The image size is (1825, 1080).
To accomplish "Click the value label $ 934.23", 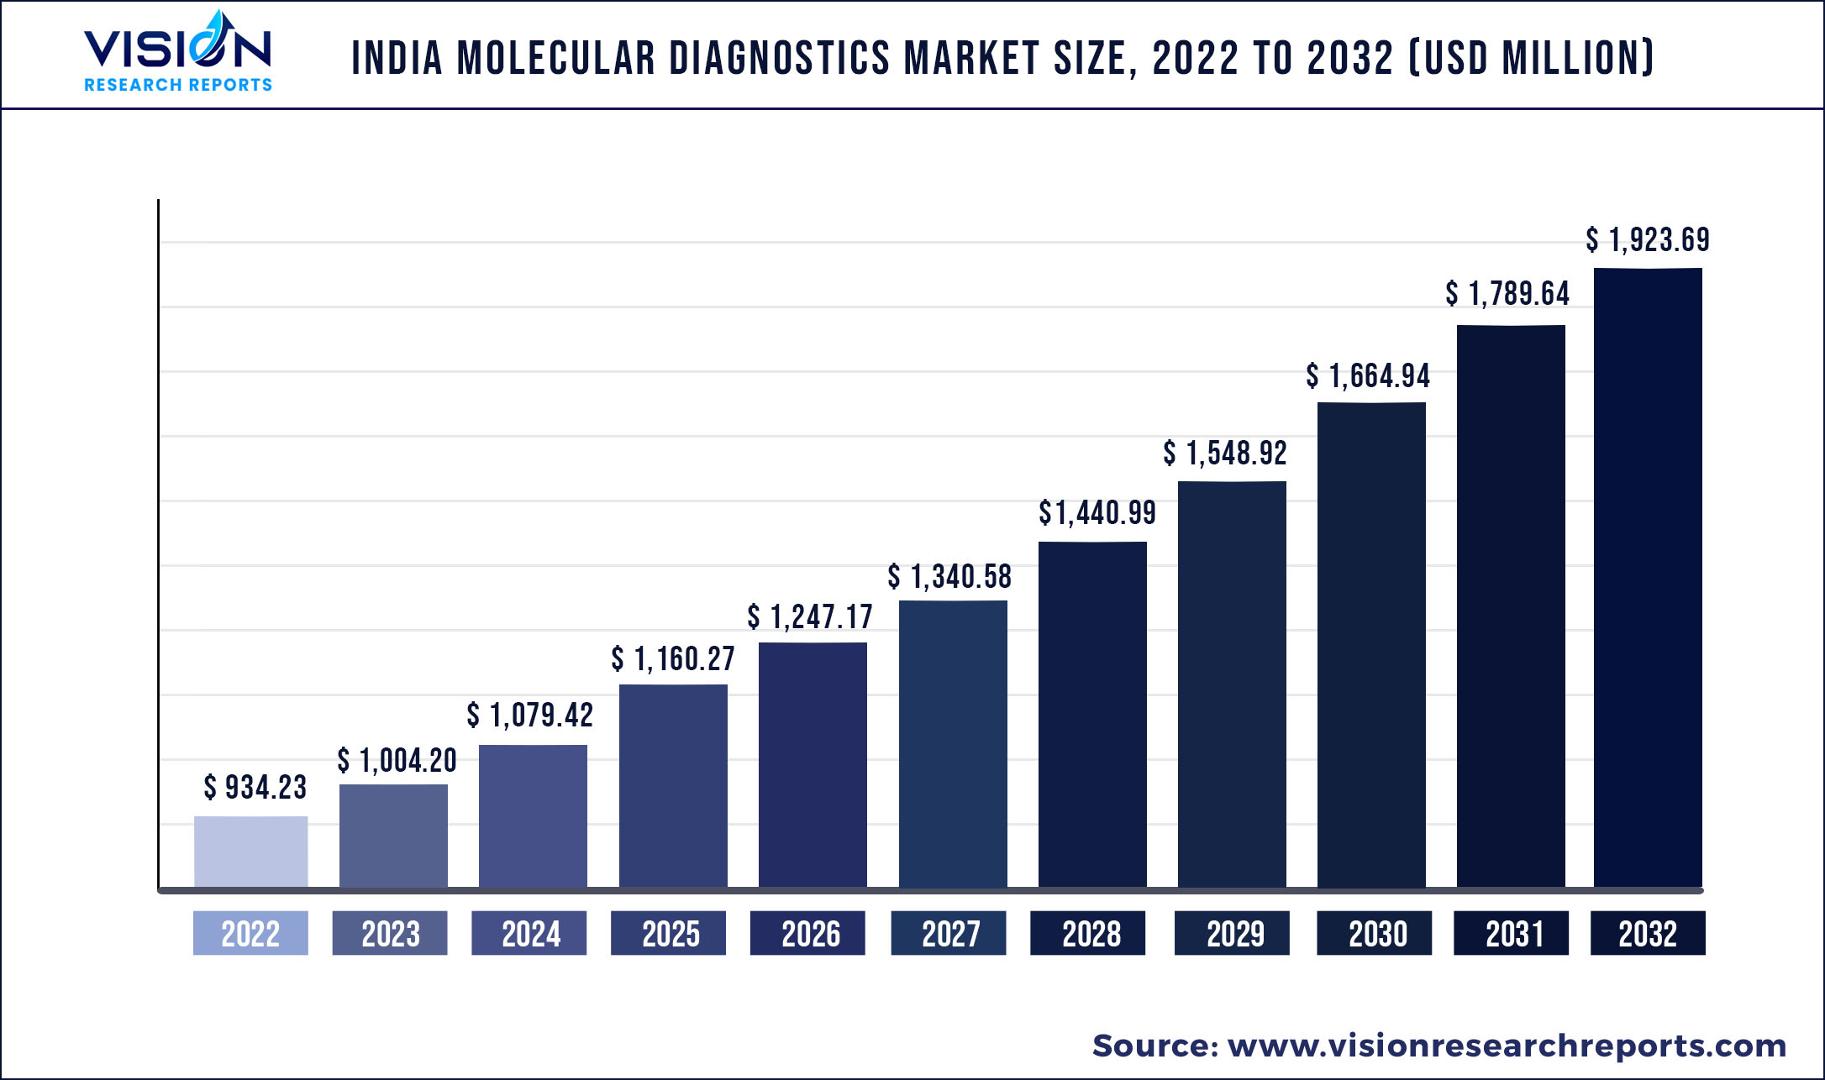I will [x=255, y=788].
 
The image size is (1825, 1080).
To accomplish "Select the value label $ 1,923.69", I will [x=1648, y=240].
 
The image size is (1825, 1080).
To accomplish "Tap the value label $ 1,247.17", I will [x=810, y=617].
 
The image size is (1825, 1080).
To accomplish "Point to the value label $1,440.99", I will [x=1097, y=512].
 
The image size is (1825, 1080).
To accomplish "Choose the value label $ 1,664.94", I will [x=1368, y=375].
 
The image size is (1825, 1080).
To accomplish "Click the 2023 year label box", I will [x=390, y=933].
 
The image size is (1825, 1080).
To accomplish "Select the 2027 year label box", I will [x=949, y=933].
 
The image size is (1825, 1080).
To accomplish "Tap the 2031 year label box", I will [x=1512, y=933].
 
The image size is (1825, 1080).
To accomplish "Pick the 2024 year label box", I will [x=529, y=933].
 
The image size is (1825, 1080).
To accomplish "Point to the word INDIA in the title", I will [x=397, y=59].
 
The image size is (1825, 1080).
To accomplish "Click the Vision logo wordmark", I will [x=177, y=46].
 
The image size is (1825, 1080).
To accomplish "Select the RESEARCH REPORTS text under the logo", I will [x=178, y=85].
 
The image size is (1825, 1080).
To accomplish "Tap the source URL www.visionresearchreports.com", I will [x=1507, y=1046].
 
